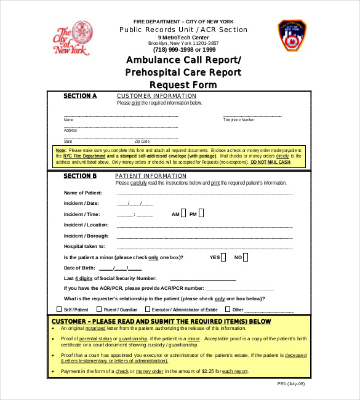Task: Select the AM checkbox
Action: (183, 214)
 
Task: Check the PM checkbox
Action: (201, 214)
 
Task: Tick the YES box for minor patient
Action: (223, 257)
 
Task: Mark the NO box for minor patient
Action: (246, 257)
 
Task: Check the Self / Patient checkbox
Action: (60, 310)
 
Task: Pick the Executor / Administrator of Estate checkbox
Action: (148, 310)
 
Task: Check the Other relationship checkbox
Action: (228, 310)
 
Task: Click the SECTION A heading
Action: (81, 96)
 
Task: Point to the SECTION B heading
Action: (81, 176)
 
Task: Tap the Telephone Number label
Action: (239, 120)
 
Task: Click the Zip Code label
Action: (142, 142)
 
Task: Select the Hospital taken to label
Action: (84, 246)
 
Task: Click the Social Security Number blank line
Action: (202, 279)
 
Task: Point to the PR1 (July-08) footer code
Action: (291, 383)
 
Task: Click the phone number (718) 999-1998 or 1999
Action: (183, 50)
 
